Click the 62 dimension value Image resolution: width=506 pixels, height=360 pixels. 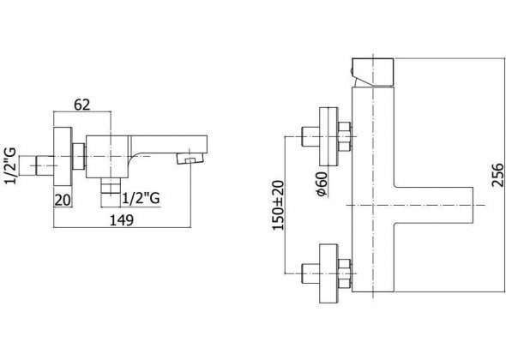coord(82,105)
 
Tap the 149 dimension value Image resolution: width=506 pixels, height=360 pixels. coord(122,220)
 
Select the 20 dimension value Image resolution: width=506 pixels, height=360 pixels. coord(63,201)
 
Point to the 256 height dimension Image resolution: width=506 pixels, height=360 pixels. coord(498,175)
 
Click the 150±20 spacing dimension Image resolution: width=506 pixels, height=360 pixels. coord(278,205)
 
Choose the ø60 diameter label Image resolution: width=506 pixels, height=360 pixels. coord(322,184)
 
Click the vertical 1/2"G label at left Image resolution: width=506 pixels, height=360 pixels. coord(10,165)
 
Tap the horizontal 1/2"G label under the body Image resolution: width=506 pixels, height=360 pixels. coord(141,199)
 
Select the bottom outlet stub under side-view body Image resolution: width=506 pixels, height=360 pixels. coord(111,185)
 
